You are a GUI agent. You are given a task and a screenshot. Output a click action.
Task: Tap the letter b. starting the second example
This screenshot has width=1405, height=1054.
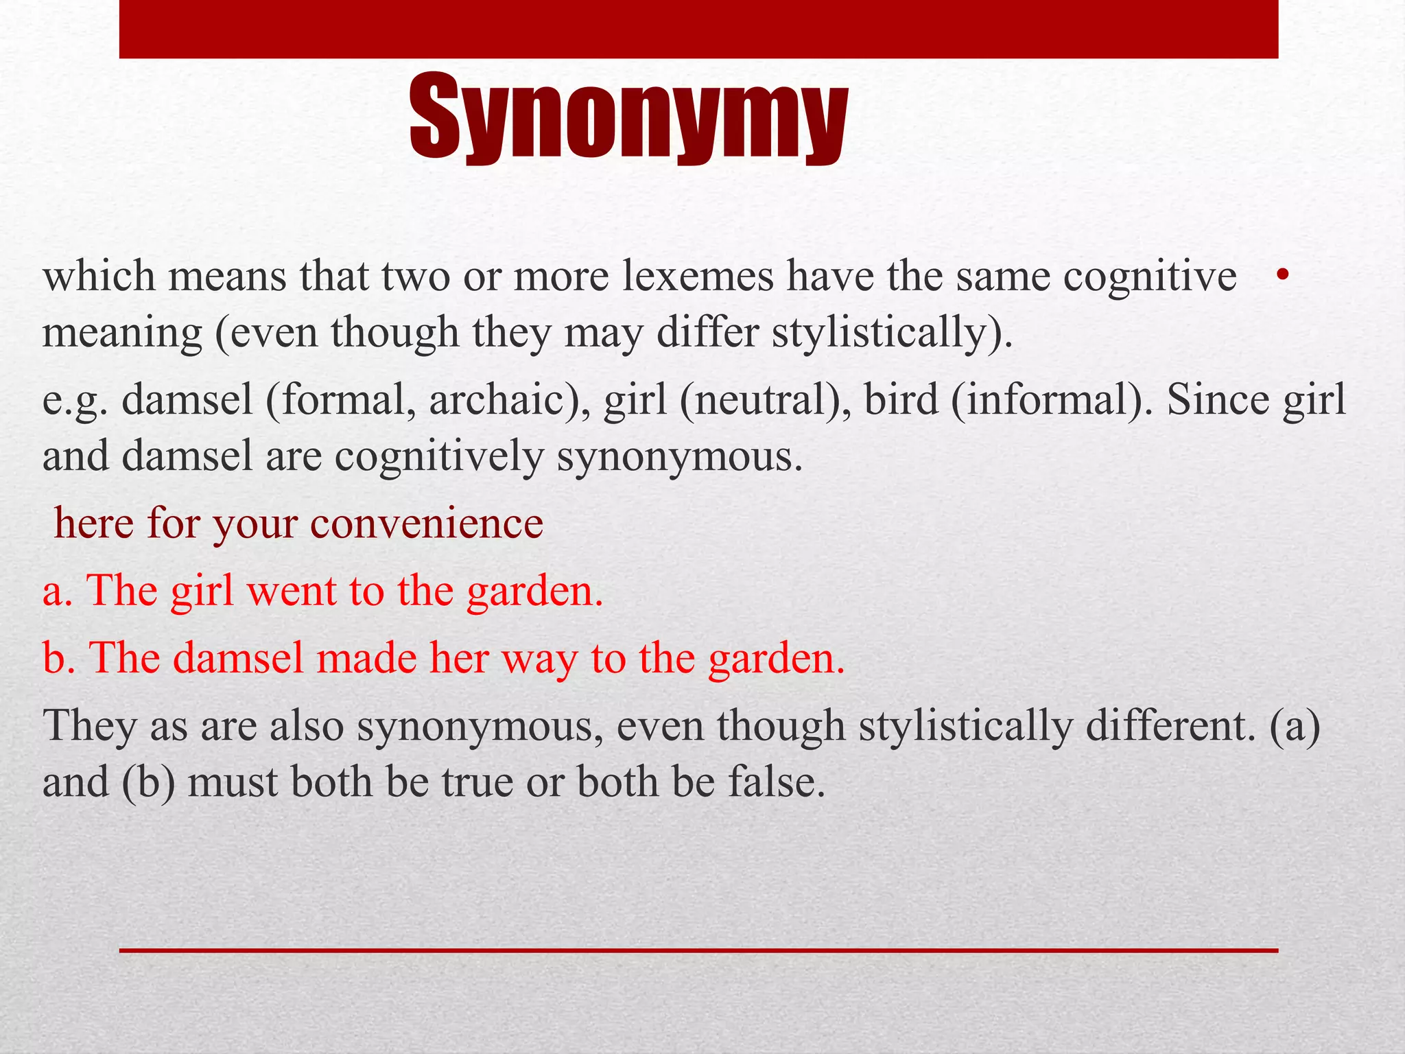click(x=58, y=658)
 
